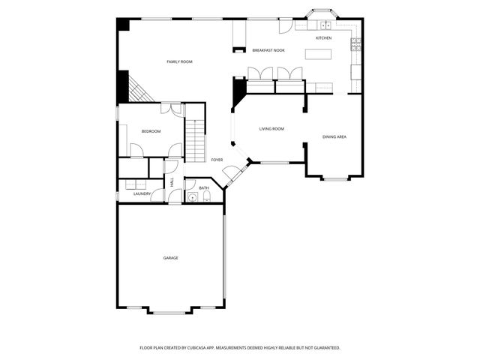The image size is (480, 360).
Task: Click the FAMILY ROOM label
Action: pos(179,61)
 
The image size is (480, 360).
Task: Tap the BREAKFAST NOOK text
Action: pos(268,50)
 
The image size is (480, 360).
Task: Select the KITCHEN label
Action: pos(323,37)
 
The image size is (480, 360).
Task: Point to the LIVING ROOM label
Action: pos(271,129)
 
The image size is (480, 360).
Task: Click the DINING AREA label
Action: pos(334,136)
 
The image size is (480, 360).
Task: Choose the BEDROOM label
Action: pos(151,131)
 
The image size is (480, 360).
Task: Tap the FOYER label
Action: pos(217,160)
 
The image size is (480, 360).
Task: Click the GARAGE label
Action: pos(171,258)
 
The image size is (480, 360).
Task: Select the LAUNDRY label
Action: pos(142,194)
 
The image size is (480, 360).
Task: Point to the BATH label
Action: pos(203,187)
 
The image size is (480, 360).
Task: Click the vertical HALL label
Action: pos(172,182)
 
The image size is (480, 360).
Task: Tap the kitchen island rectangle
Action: pos(318,54)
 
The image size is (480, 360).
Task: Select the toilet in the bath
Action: pos(208,198)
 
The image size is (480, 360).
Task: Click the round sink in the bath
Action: pos(193,198)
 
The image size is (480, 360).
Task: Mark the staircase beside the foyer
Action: pos(195,135)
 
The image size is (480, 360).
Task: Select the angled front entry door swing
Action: pos(233,173)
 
